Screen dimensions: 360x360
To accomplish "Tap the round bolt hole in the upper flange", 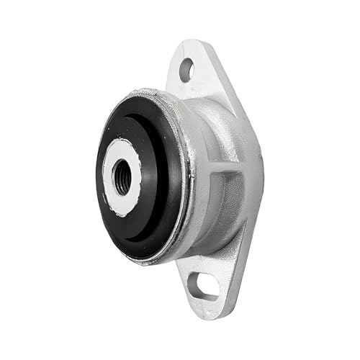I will (186, 70).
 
